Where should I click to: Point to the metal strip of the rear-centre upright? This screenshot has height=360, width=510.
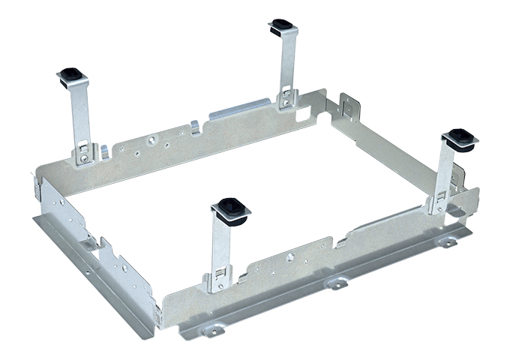coord(286,64)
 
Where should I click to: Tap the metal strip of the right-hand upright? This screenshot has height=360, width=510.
coord(447,172)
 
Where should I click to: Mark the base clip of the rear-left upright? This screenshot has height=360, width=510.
coord(84,154)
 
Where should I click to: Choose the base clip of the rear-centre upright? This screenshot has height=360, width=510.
coord(286,97)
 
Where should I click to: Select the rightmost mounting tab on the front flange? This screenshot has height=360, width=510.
coord(448,241)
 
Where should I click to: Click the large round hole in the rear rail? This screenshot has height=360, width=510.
coord(151,139)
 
